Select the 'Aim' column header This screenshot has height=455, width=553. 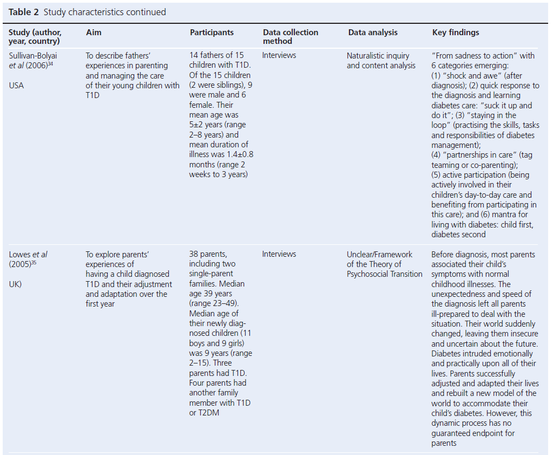94,32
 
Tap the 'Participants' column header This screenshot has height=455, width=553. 212,32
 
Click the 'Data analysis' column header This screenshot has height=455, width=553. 373,32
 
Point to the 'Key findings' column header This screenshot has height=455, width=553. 456,32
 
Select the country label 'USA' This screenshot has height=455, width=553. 17,85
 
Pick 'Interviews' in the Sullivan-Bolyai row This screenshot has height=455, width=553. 279,55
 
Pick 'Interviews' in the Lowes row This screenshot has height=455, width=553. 279,254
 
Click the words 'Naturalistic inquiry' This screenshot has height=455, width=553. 378,56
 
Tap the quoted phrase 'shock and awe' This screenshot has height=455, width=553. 468,75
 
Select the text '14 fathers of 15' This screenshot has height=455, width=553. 216,55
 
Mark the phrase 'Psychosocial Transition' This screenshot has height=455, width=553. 385,274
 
